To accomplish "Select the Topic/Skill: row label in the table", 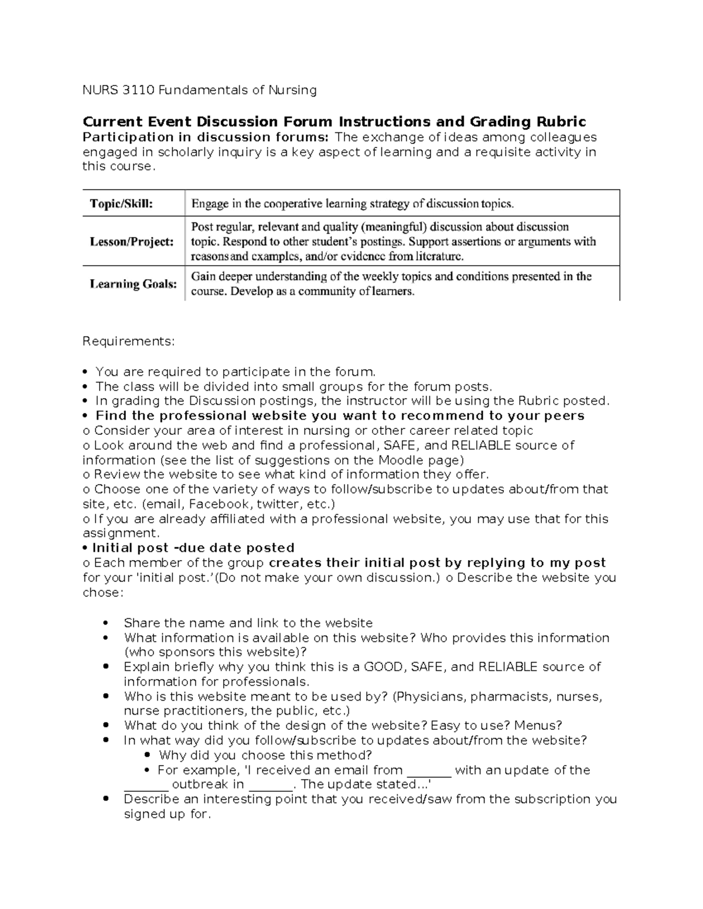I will (x=121, y=204).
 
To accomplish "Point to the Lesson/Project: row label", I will (x=131, y=241).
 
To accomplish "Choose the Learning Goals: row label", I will (x=133, y=284).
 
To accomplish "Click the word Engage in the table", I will (x=208, y=204).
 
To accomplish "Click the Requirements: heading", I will (x=128, y=341).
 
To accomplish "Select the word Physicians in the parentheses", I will (x=428, y=697).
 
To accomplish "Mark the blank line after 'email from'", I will (x=428, y=770).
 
